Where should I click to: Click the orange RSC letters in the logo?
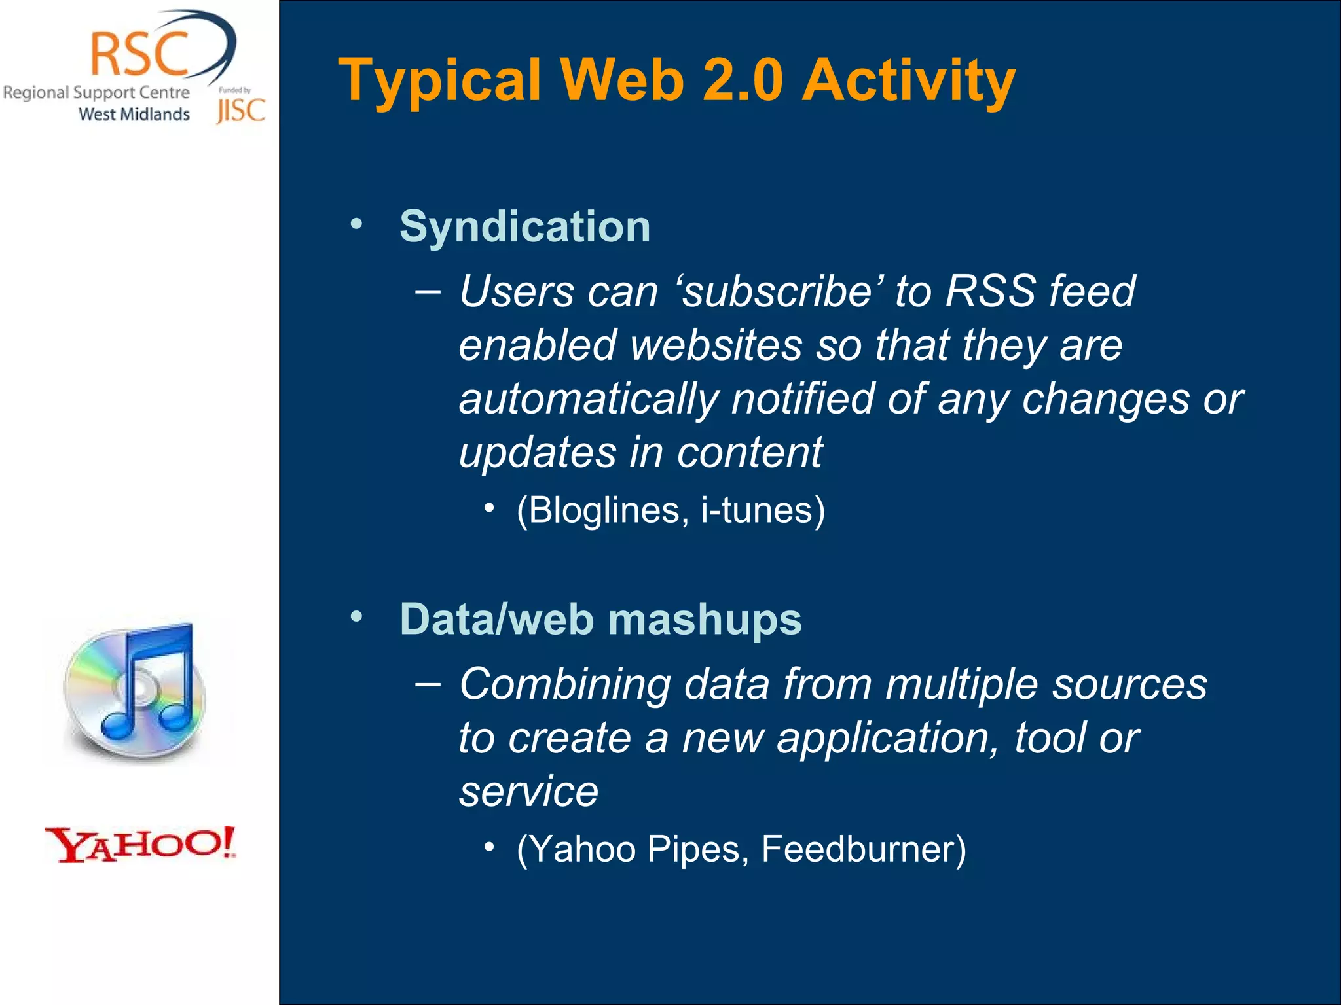139,54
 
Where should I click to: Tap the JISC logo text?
240,111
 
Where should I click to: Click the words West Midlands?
134,114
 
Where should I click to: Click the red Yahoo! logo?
140,844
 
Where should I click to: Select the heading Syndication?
524,227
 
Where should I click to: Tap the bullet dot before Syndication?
356,224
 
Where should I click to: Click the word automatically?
588,399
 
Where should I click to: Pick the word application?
888,738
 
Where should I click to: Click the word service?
528,792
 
